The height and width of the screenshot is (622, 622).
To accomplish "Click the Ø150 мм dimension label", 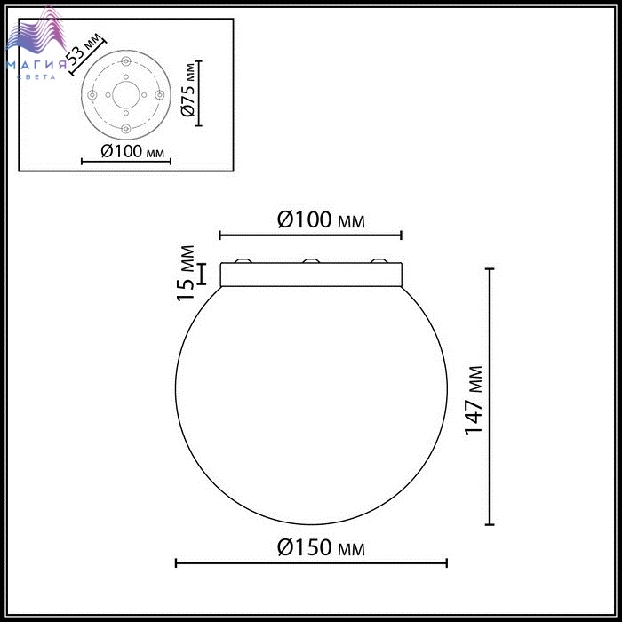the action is (321, 548).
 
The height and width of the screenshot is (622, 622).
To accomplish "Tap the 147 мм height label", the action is (474, 400).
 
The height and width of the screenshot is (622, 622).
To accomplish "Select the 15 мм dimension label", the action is (186, 274).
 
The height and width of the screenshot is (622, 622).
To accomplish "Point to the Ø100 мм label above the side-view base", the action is (321, 219).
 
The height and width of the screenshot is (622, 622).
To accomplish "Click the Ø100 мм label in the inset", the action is (132, 151).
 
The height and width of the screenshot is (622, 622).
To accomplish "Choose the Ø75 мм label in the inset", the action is (188, 90).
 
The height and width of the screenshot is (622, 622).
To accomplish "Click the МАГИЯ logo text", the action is (36, 65).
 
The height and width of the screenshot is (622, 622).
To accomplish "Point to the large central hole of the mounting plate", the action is (126, 95).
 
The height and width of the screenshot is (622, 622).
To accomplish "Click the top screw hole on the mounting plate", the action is (126, 61).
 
